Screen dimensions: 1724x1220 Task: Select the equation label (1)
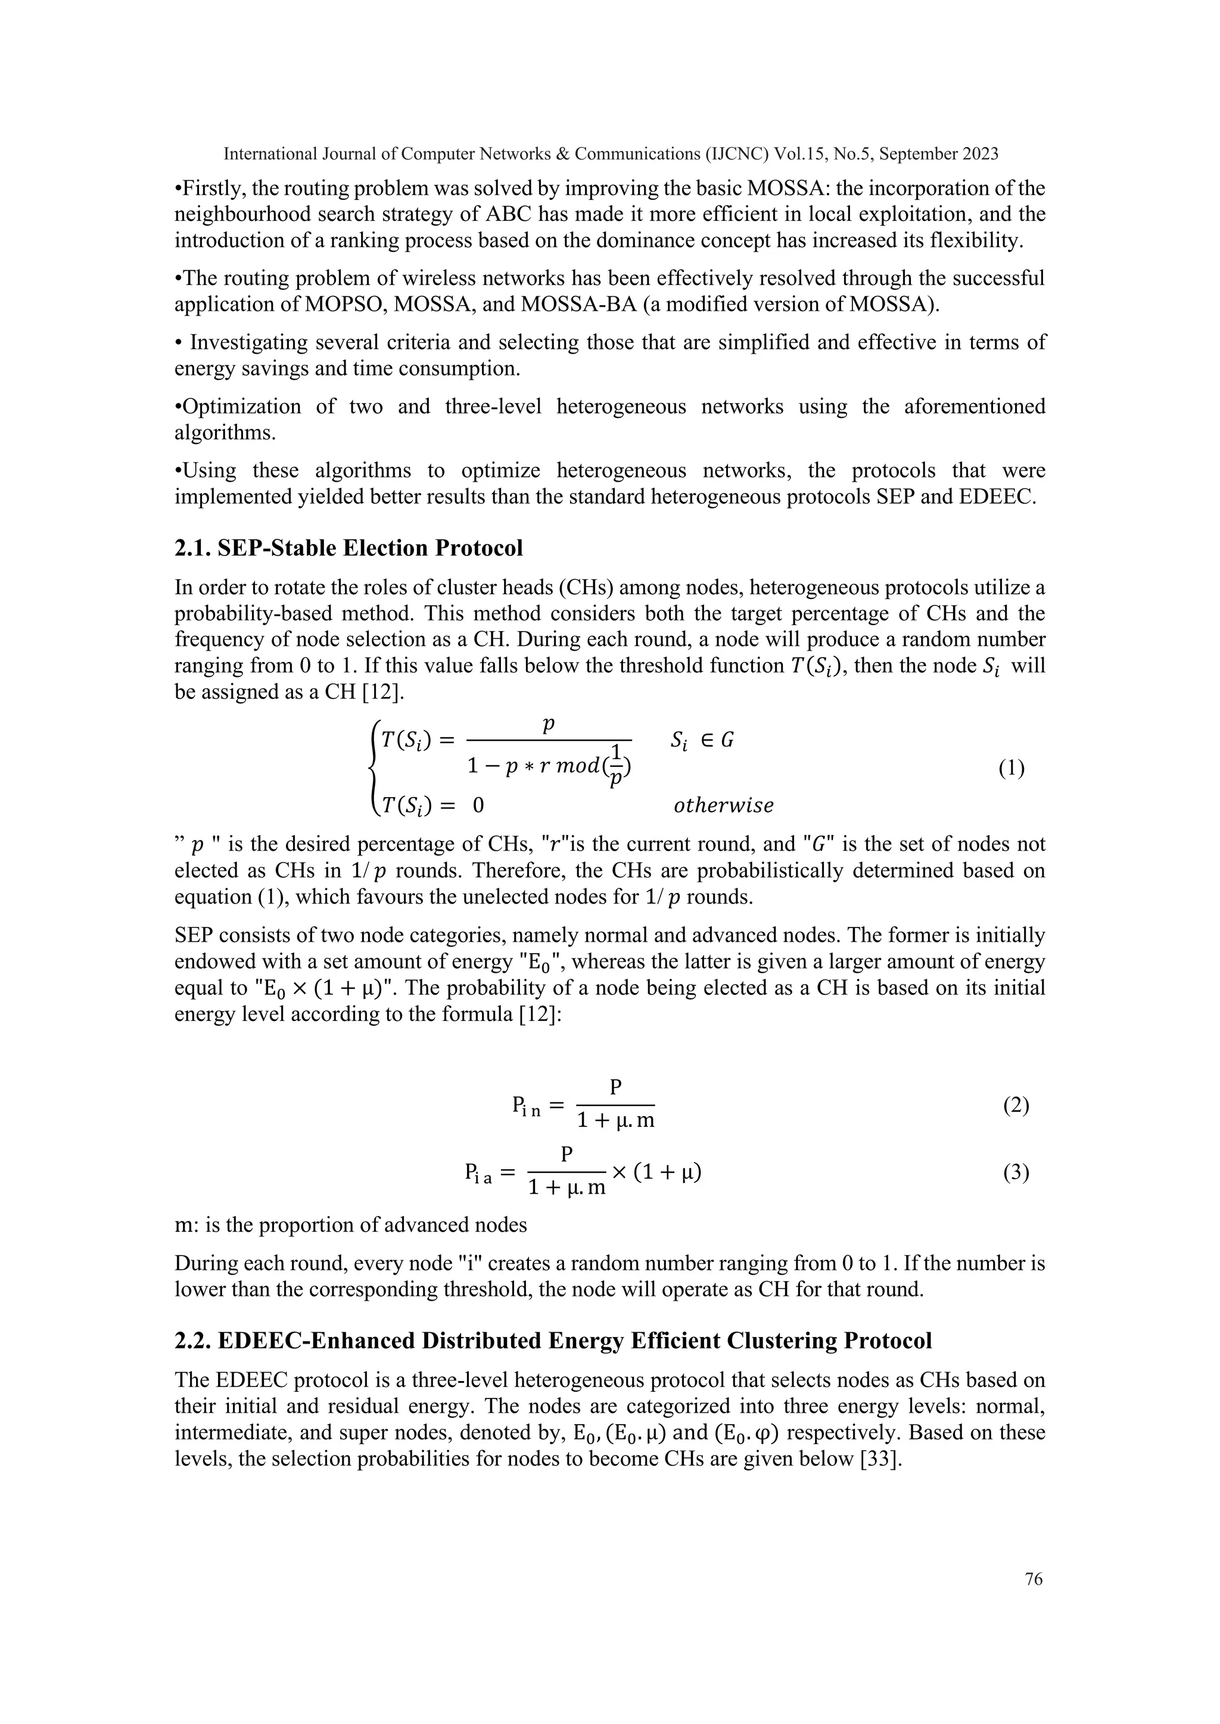tap(1011, 769)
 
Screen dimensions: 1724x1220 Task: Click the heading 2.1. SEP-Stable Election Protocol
tap(348, 548)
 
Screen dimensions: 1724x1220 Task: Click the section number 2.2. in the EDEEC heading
tap(193, 1340)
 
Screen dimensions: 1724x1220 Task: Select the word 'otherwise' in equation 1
tap(723, 805)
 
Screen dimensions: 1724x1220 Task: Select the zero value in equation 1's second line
tap(478, 805)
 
